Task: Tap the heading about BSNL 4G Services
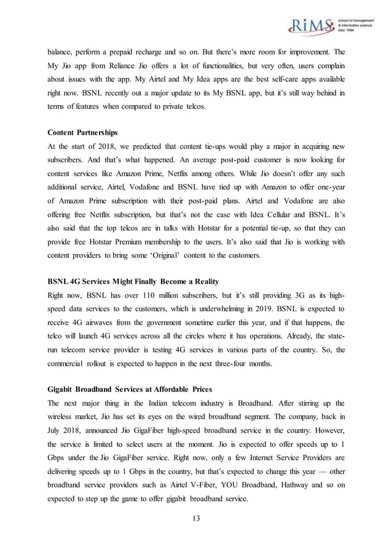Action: click(133, 281)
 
